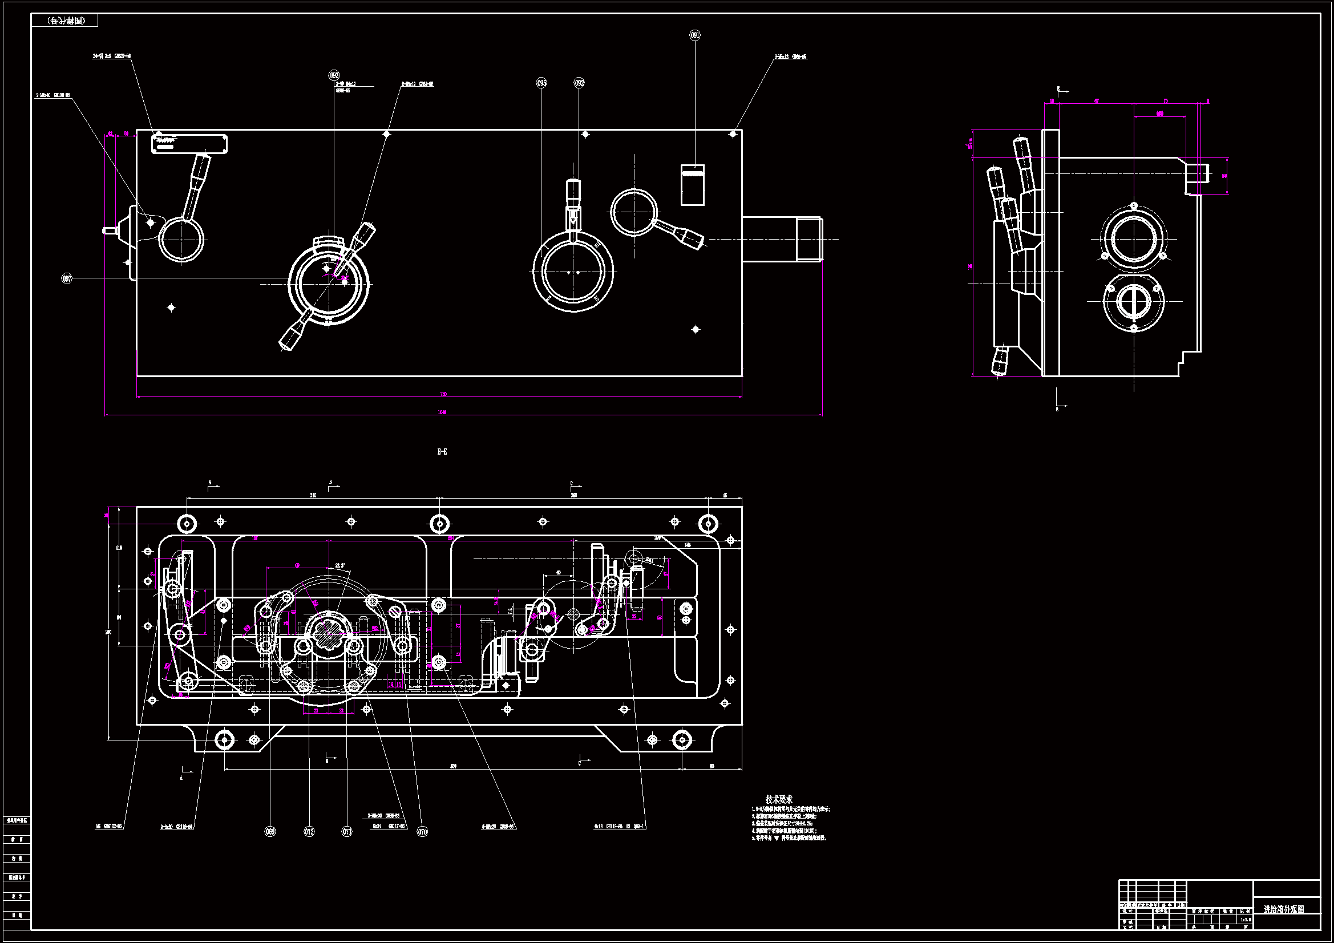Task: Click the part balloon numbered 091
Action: tap(695, 35)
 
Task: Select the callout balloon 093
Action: tap(334, 75)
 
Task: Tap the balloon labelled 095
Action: tap(541, 83)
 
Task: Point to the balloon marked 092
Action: tap(579, 83)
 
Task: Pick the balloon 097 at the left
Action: tap(67, 279)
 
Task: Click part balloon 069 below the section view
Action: tap(270, 831)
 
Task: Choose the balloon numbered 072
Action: tap(309, 831)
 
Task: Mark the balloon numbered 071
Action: tap(347, 831)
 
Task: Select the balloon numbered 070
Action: tap(422, 831)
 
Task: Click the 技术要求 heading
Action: tap(779, 799)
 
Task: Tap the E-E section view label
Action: tap(442, 451)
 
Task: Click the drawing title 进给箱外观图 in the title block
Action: tap(1283, 909)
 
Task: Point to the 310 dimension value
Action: tap(313, 495)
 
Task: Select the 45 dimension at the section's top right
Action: tap(725, 495)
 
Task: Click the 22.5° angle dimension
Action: tap(340, 565)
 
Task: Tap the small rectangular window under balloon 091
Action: tap(693, 185)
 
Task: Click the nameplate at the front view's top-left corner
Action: tap(189, 144)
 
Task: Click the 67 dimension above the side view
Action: tap(1097, 101)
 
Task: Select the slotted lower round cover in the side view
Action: tap(1134, 302)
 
